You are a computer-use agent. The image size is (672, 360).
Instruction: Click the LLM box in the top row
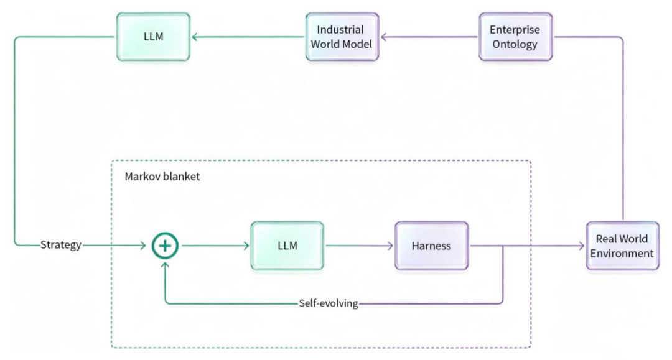point(154,37)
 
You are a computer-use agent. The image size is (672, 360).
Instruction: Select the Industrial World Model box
point(342,37)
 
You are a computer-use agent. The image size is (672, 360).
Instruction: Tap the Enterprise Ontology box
point(516,37)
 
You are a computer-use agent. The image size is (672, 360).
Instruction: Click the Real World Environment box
point(622,246)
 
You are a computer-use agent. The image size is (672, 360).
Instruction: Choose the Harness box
point(432,246)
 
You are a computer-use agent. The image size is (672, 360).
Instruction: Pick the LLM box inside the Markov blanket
point(287,246)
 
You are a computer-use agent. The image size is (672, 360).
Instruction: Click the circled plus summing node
point(165,246)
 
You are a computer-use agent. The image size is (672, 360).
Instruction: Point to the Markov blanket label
point(162,177)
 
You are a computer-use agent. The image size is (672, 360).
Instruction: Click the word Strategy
point(61,245)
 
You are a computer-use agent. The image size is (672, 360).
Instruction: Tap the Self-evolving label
point(329,303)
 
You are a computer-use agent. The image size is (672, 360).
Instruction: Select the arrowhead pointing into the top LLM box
point(195,37)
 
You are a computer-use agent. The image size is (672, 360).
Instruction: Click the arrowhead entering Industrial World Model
point(384,37)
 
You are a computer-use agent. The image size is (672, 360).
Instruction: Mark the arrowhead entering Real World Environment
point(582,246)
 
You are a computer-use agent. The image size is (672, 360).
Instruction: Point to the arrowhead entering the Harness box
point(390,246)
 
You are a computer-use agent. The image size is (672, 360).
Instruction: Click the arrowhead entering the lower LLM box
point(246,246)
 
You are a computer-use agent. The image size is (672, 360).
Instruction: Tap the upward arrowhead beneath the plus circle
point(165,265)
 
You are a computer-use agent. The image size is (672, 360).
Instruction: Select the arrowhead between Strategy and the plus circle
point(143,245)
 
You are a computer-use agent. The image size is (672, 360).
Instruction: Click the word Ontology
point(515,45)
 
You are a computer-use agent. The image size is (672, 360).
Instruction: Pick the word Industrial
point(340,30)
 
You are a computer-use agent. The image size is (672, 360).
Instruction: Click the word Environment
point(622,254)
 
